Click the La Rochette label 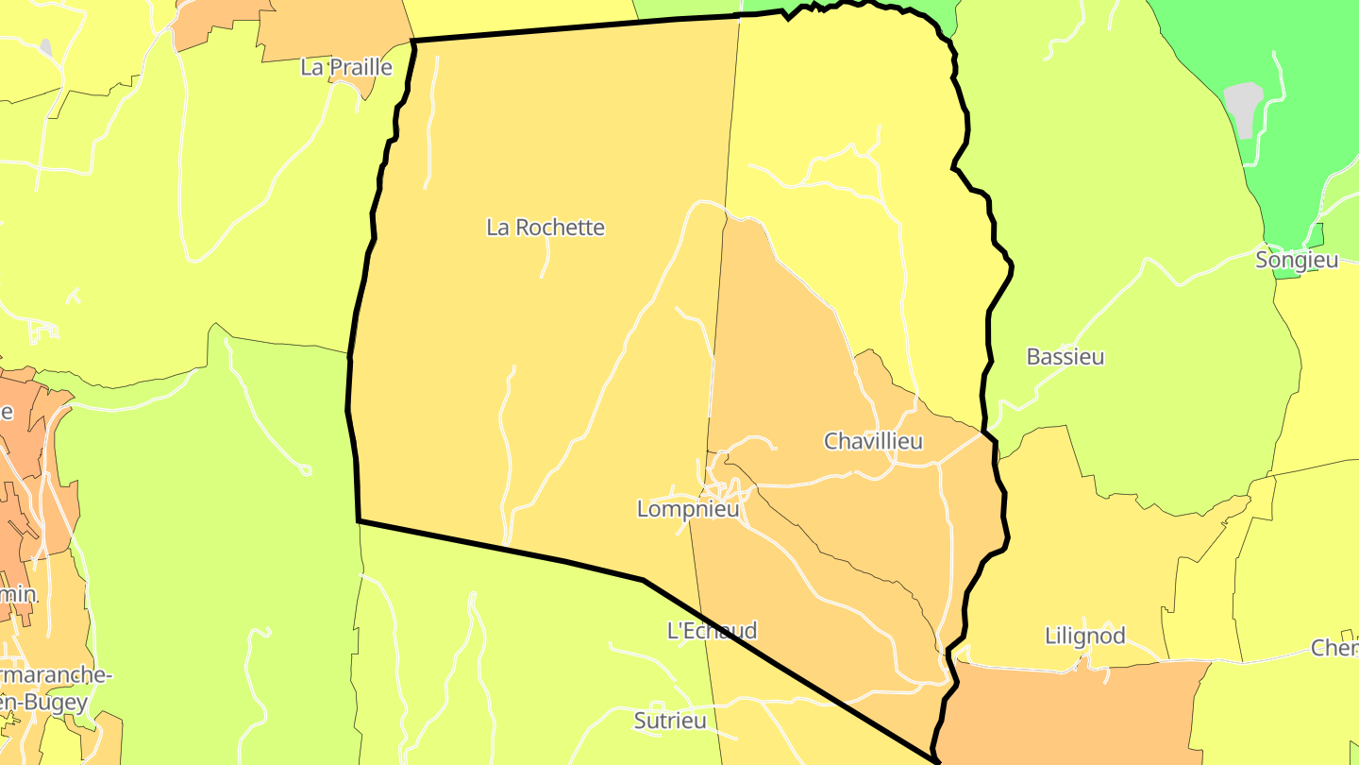[545, 228]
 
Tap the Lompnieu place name [688, 510]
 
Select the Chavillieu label [873, 441]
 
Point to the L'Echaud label [712, 631]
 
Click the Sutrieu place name [670, 722]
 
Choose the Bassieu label [1065, 357]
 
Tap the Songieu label [1297, 260]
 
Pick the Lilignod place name [1085, 636]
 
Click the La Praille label [345, 67]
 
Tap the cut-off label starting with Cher [1334, 648]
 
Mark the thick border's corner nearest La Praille [414, 42]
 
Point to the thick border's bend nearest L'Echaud [644, 580]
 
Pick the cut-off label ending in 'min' [18, 595]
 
